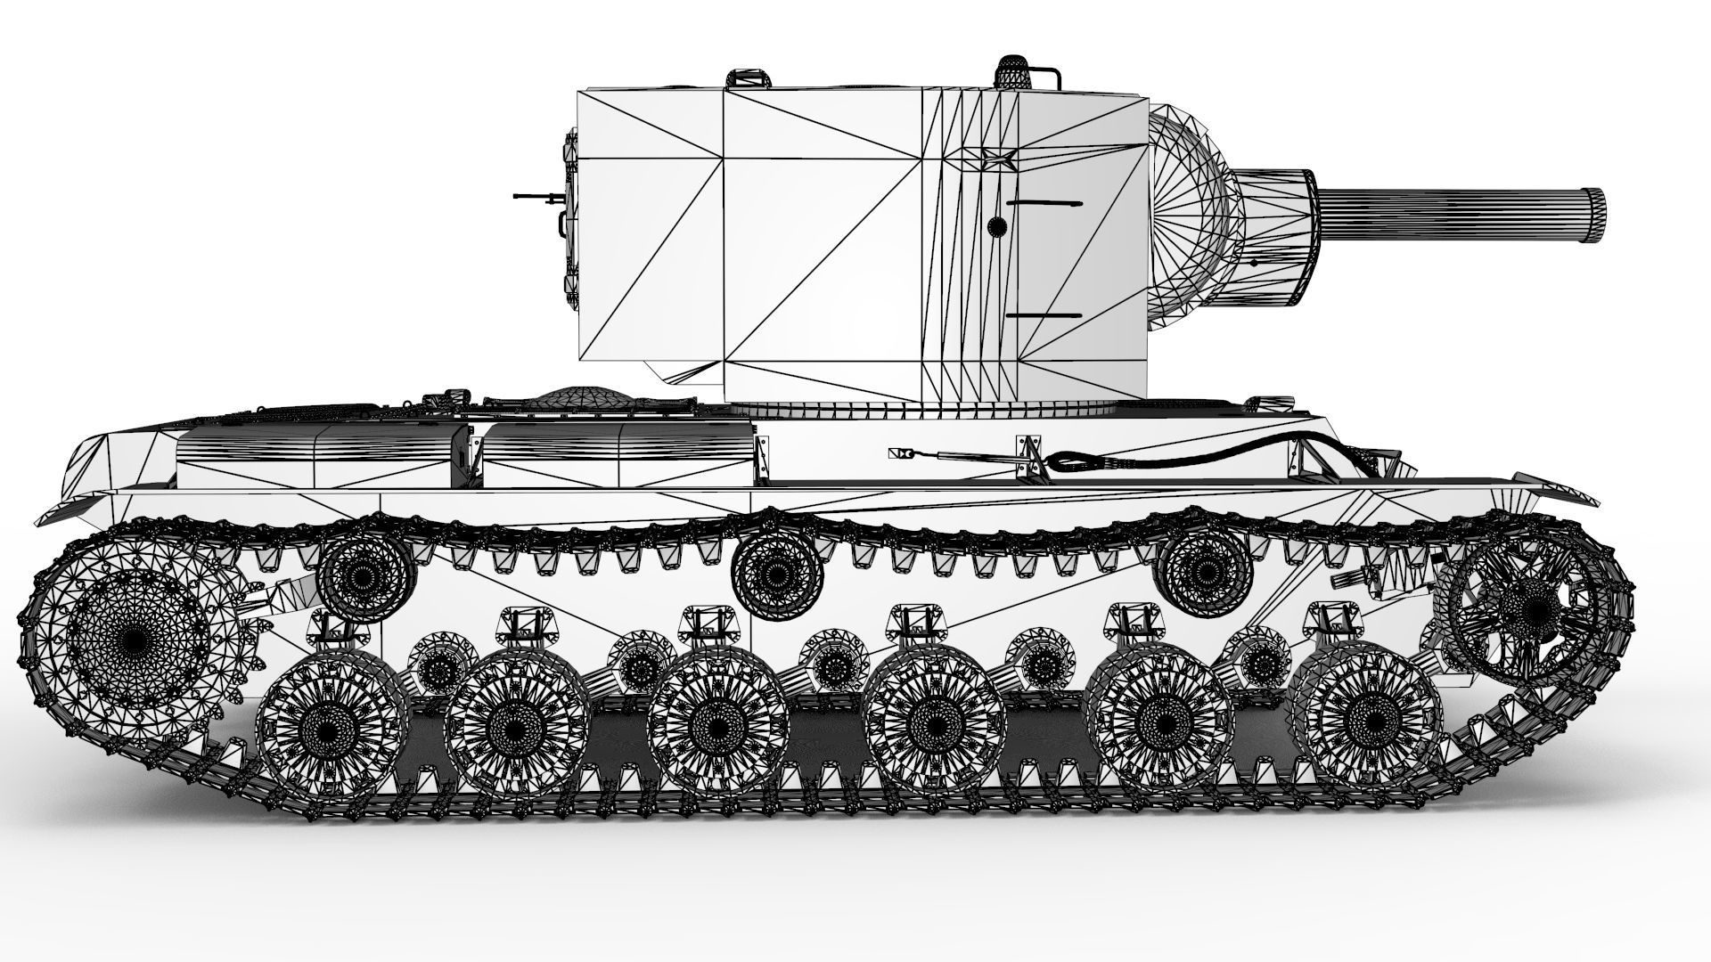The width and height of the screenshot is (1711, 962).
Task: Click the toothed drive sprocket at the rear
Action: click(134, 637)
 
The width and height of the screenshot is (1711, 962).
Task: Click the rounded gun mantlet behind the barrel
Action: click(1194, 214)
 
